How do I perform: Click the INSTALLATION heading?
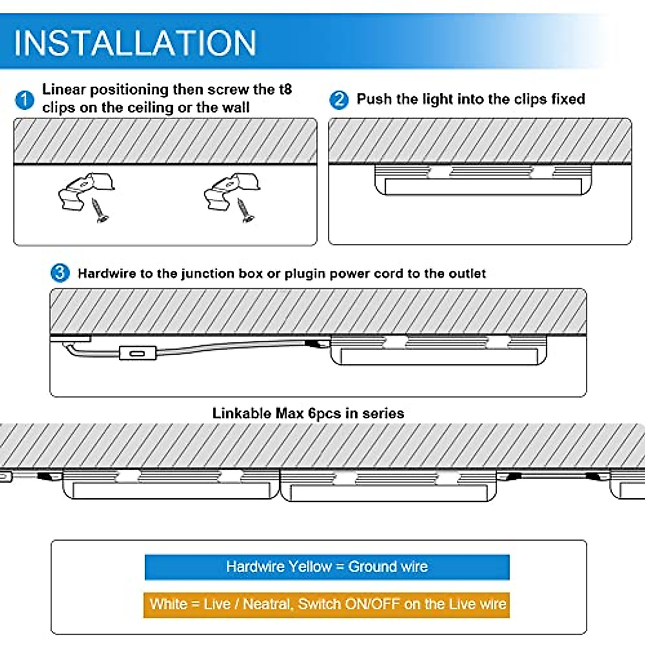pyautogui.click(x=134, y=43)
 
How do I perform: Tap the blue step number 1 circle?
pyautogui.click(x=24, y=100)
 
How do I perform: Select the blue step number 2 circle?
pyautogui.click(x=339, y=100)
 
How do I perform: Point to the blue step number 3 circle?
pyautogui.click(x=60, y=273)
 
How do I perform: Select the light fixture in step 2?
pyautogui.click(x=483, y=180)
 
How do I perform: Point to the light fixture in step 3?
pyautogui.click(x=439, y=350)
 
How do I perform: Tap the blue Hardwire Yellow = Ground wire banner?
pyautogui.click(x=327, y=567)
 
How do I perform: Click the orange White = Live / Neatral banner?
pyautogui.click(x=327, y=604)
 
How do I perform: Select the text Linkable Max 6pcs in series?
pyautogui.click(x=308, y=413)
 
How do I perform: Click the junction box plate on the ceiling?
pyautogui.click(x=70, y=339)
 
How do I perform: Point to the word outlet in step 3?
pyautogui.click(x=467, y=274)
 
